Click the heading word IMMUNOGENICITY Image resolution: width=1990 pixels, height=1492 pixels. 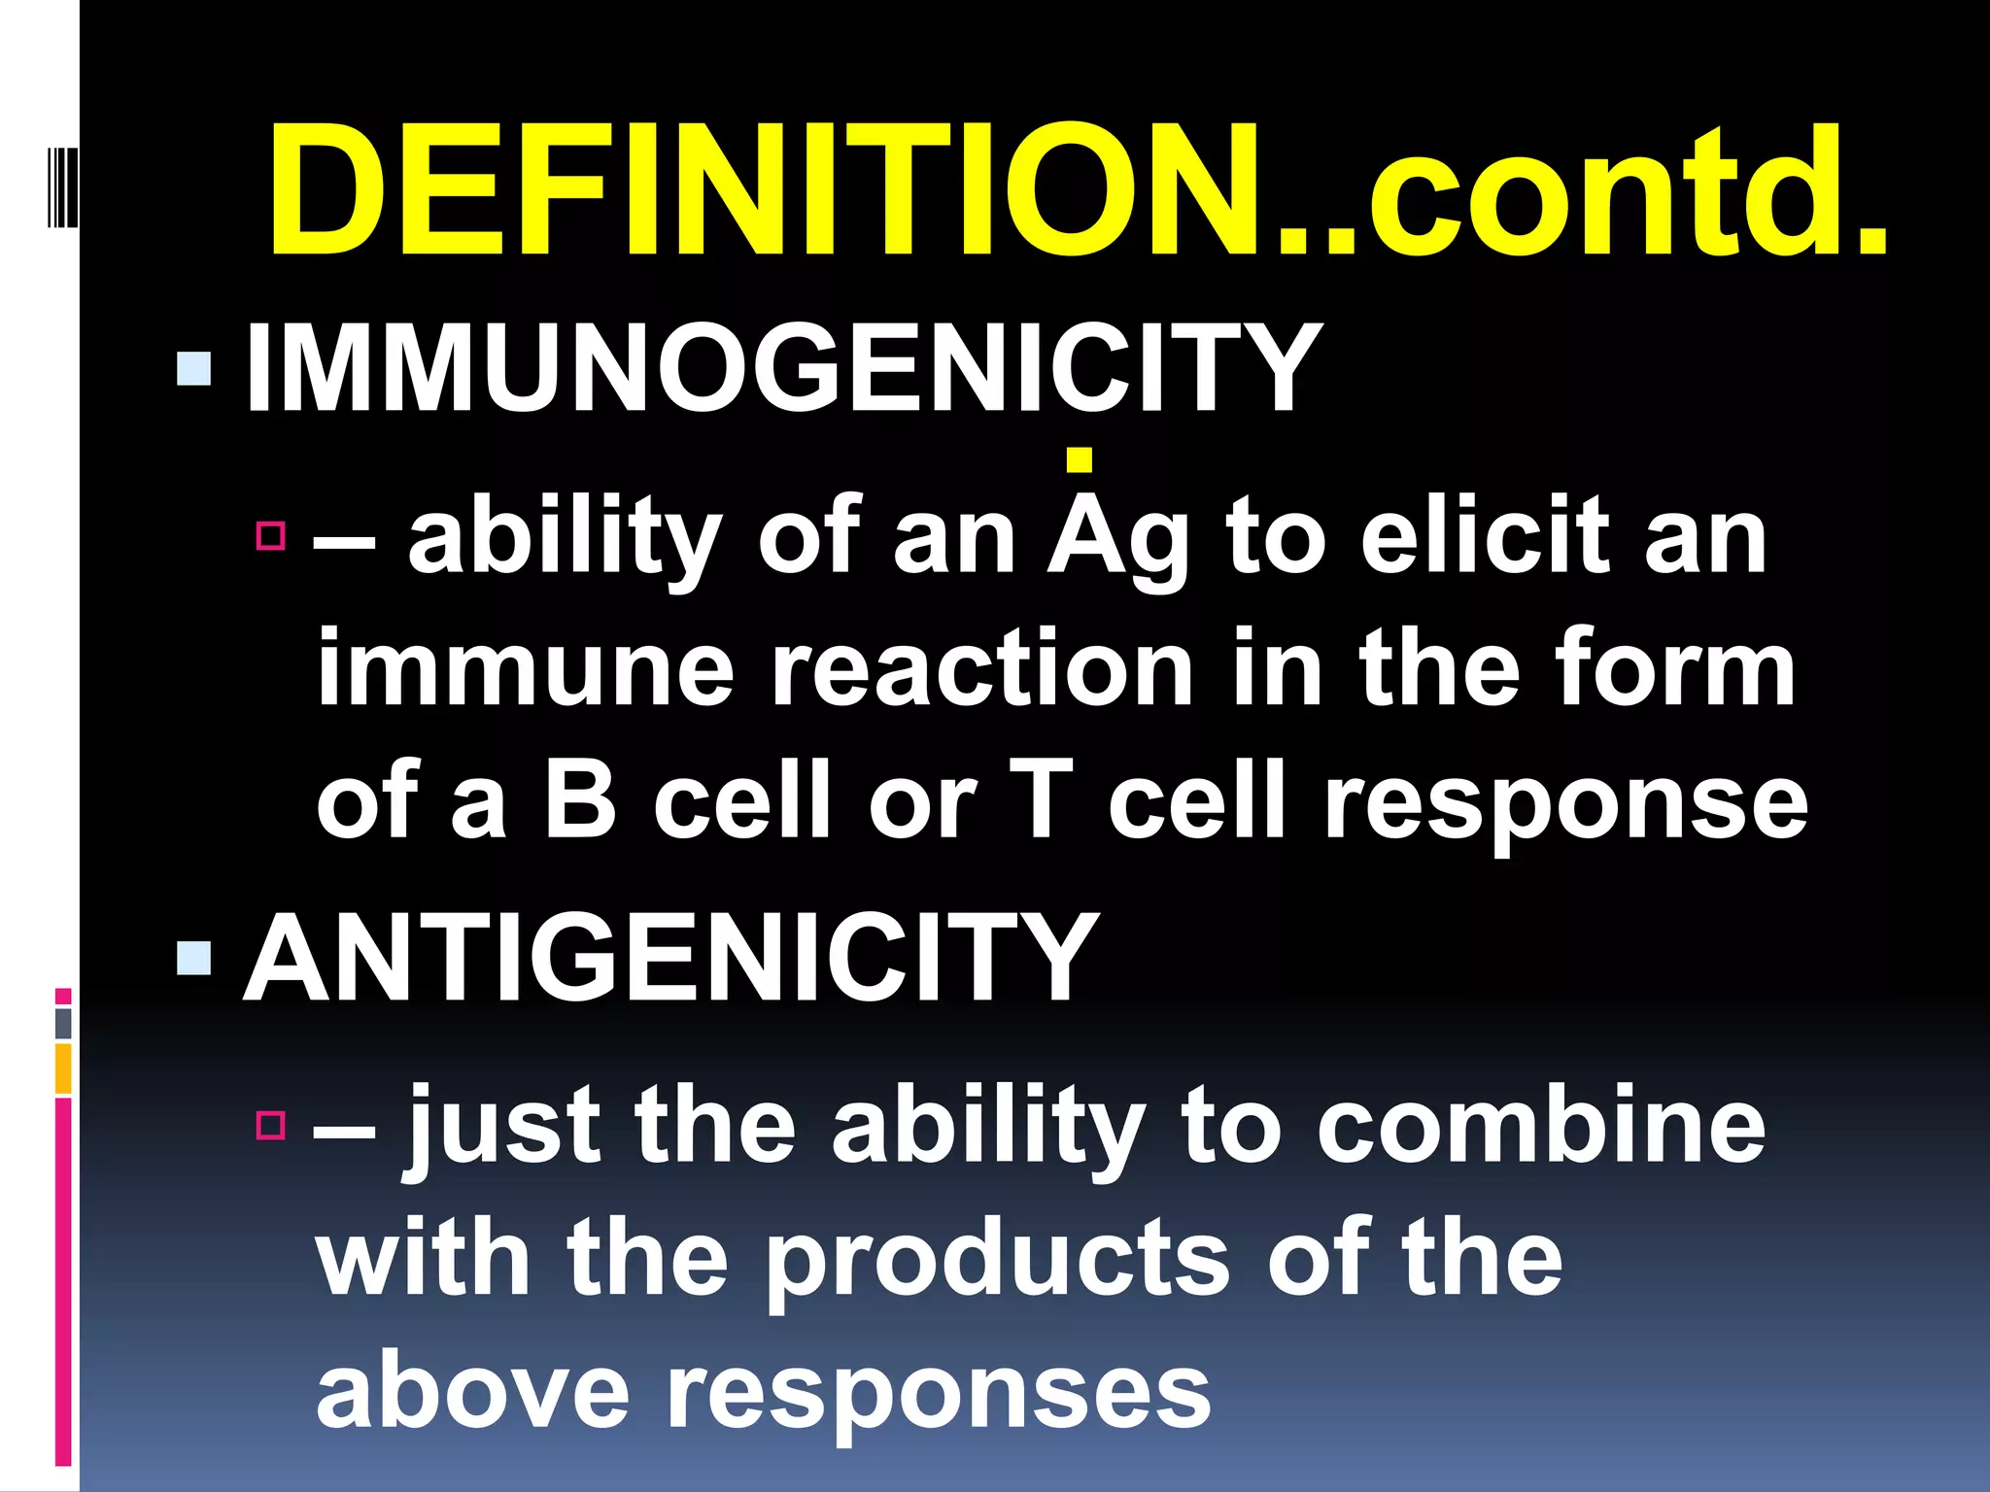coord(782,368)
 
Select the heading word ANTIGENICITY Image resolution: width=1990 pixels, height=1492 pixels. coord(670,959)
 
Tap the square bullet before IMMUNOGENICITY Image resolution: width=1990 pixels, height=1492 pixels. coord(194,369)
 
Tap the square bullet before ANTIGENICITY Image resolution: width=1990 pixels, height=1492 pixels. coord(194,958)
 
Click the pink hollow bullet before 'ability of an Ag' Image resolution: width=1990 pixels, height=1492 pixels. coord(271,535)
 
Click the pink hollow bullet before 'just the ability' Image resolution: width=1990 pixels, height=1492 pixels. coord(271,1125)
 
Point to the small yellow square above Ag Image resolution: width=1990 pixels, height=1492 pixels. coord(1079,459)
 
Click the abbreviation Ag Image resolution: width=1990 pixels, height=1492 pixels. coord(1117,539)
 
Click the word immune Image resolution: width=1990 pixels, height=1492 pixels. coord(525,670)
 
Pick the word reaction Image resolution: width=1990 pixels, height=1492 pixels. coord(981,670)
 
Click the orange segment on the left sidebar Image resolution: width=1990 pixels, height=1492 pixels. coord(63,1068)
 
